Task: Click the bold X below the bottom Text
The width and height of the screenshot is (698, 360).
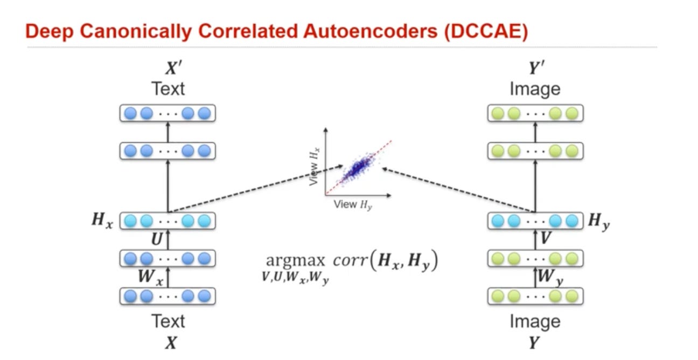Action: [x=170, y=343]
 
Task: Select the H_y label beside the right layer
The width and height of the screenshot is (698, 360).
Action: [x=599, y=221]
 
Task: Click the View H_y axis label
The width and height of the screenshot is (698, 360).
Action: [x=352, y=204]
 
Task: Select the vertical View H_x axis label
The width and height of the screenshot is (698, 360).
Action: [x=315, y=168]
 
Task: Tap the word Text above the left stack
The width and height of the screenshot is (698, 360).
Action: [x=169, y=88]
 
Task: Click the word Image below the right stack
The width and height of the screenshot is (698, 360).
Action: [x=535, y=322]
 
